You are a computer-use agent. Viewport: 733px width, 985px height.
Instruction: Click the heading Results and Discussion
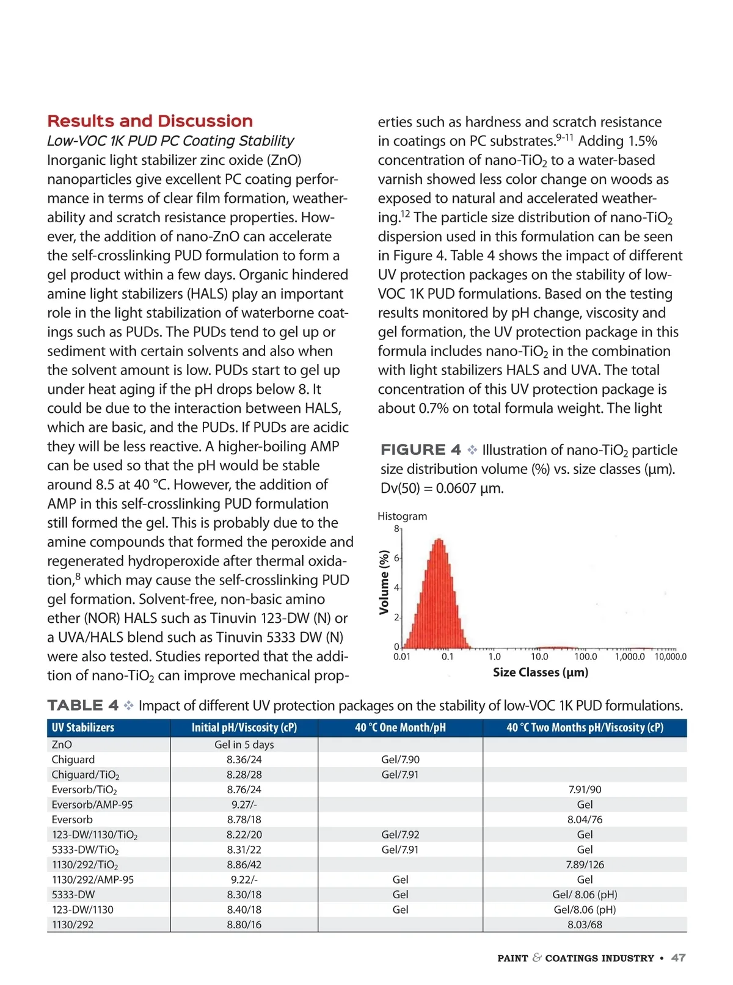coord(150,121)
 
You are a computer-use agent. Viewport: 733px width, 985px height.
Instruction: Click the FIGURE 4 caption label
coord(420,450)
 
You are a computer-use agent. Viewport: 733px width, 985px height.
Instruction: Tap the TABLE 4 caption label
coord(82,706)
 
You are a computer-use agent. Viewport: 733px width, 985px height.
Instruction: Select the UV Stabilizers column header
coord(83,728)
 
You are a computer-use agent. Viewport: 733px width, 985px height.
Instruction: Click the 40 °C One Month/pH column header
coord(400,728)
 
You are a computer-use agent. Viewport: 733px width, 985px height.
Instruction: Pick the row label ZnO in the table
coord(62,745)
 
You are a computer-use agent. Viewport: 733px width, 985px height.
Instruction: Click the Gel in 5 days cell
coord(244,745)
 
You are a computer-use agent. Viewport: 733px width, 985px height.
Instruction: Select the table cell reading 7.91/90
coord(585,790)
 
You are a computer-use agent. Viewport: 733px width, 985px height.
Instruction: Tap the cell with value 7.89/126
coord(585,865)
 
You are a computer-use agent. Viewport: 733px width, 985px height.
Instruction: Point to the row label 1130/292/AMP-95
coord(92,880)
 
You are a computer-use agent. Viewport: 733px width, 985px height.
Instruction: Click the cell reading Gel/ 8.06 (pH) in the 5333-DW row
coord(585,895)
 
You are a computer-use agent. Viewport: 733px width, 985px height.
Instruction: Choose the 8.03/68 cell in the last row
coord(585,925)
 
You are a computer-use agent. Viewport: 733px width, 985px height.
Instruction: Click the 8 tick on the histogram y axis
coord(396,529)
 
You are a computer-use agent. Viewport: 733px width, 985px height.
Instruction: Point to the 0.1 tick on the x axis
coord(448,657)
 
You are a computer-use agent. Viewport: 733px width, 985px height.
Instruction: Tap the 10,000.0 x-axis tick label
coord(670,657)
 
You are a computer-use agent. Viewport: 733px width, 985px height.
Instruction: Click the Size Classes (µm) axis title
coord(540,672)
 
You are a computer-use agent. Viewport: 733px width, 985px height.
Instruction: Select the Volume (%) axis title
coord(384,582)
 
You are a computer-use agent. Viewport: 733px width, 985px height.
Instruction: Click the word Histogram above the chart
coord(402,517)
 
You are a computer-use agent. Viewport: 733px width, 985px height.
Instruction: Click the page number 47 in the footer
coord(678,958)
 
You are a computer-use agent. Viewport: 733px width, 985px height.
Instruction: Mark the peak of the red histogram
coord(439,540)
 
